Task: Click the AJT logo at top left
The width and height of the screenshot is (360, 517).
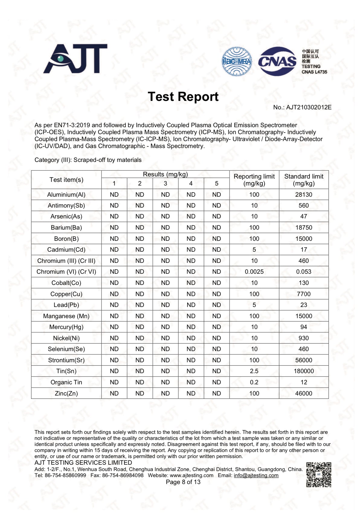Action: point(75,59)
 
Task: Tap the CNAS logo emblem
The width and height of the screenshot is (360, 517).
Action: point(277,61)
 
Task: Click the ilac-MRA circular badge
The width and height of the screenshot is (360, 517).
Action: point(237,61)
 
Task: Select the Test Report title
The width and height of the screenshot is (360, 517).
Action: point(183,97)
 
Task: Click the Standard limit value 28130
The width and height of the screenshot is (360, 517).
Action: point(304,195)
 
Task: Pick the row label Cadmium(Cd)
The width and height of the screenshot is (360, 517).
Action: point(66,250)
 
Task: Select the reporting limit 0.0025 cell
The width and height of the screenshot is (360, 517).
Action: point(254,272)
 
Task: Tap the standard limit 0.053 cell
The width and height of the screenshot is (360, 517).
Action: point(304,272)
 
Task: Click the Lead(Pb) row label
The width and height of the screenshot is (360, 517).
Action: point(66,305)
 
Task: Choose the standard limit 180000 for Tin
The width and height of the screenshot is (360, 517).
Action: point(304,371)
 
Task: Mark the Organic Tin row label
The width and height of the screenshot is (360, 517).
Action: point(66,382)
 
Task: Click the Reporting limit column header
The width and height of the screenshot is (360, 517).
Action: point(254,180)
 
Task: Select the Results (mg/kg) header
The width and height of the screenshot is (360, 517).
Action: point(165,174)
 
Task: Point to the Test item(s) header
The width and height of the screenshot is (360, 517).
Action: point(66,180)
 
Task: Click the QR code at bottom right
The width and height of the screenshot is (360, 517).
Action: point(319,474)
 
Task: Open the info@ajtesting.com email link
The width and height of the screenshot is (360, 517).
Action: point(256,475)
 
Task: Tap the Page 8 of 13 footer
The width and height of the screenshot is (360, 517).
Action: point(183,482)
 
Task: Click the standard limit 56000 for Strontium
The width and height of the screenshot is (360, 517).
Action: point(304,360)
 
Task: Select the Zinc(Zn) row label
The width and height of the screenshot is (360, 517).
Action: point(66,393)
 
